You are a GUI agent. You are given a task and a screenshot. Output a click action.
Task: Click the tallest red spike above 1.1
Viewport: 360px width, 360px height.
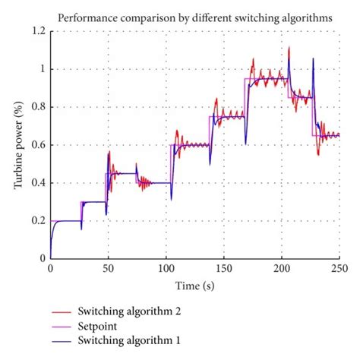[289, 48]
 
